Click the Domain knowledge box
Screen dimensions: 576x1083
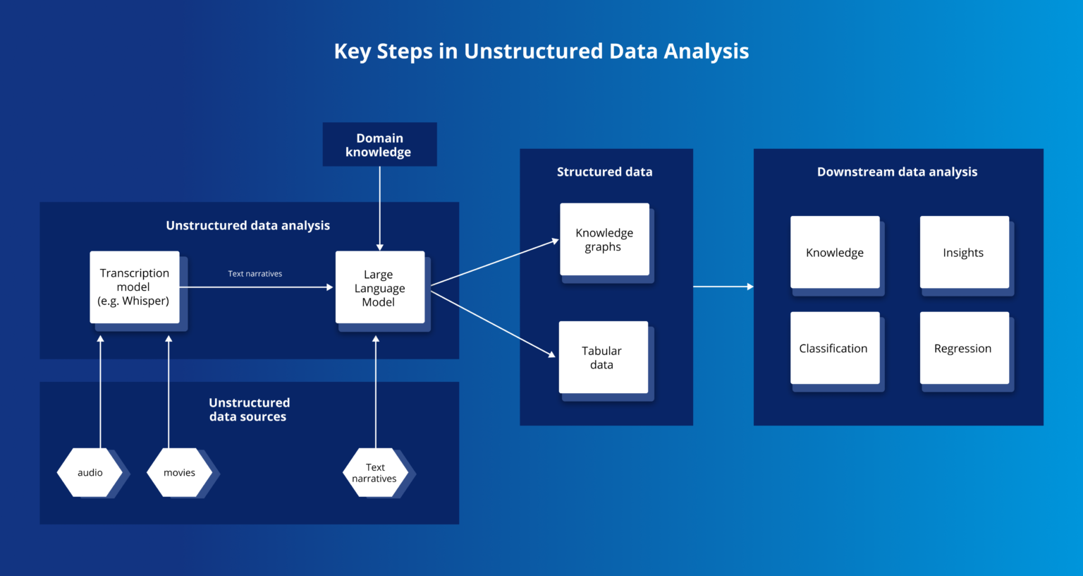[x=379, y=145]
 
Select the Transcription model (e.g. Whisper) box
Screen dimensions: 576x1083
[x=135, y=287]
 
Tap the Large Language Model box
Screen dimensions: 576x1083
[x=380, y=287]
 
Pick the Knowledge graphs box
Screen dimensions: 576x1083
[x=604, y=239]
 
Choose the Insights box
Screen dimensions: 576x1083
[x=964, y=252]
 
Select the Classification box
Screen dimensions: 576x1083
[x=835, y=348]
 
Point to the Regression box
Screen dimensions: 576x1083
[x=964, y=348]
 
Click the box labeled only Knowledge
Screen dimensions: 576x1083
[x=835, y=252]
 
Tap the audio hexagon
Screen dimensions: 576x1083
[x=90, y=472]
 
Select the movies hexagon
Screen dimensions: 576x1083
[x=179, y=472]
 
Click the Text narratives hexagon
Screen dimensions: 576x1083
[x=375, y=472]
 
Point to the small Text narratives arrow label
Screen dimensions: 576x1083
[x=255, y=274]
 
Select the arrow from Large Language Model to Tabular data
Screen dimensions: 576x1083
[x=494, y=325]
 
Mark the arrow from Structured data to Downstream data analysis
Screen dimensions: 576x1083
[x=723, y=287]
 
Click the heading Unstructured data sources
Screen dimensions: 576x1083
[x=249, y=409]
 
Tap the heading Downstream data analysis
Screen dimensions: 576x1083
[x=897, y=172]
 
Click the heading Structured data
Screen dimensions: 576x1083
[x=604, y=172]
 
